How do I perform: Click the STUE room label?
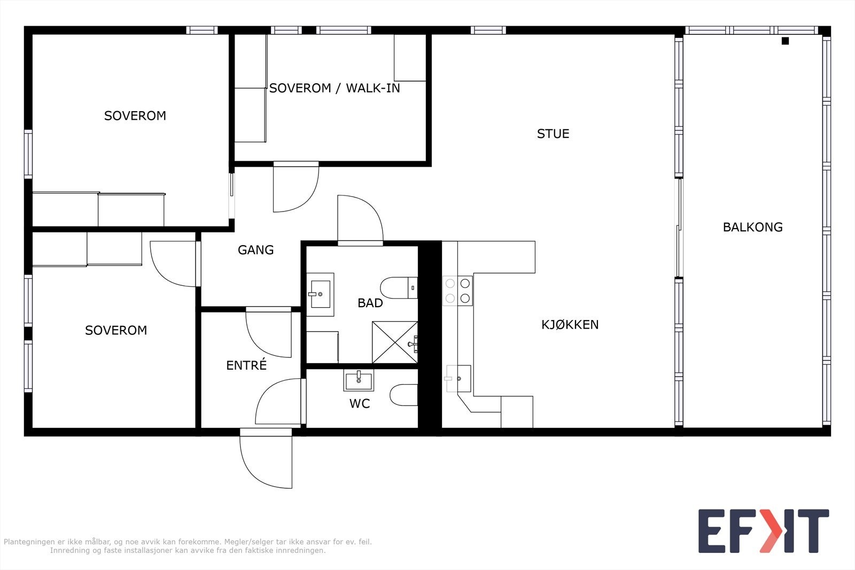point(553,134)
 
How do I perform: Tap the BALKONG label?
point(753,227)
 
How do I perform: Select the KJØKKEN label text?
point(570,324)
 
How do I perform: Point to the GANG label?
point(256,250)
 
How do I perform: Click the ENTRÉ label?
point(246,365)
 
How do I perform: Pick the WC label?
point(360,403)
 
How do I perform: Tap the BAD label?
point(370,303)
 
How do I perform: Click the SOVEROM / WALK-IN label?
point(335,88)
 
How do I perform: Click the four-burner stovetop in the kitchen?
point(457,291)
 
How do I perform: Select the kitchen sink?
point(458,378)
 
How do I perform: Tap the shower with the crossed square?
point(395,342)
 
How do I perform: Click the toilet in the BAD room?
point(399,287)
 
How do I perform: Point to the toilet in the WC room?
point(404,395)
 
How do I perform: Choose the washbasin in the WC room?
point(359,380)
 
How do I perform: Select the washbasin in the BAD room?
point(320,294)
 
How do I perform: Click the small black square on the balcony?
point(785,41)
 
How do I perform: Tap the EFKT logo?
point(764,530)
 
